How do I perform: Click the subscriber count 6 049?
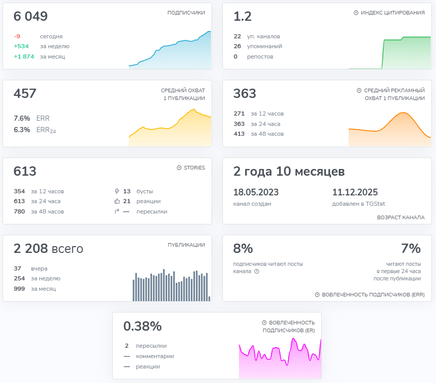[31, 17]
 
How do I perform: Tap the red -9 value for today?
[18, 36]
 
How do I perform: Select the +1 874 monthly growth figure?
[24, 56]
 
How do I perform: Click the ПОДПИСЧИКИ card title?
[186, 13]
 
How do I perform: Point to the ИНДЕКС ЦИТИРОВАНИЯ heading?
[393, 13]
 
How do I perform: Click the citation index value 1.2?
[243, 17]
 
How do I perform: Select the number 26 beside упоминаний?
[237, 46]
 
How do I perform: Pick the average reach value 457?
[25, 94]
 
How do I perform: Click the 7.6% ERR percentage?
[21, 118]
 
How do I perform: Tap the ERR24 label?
[46, 130]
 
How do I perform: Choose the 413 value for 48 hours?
[239, 134]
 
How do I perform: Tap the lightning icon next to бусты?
[117, 191]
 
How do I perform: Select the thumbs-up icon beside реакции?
[117, 201]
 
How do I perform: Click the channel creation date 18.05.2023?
[256, 192]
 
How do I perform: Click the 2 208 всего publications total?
[48, 249]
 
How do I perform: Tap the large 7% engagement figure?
[411, 249]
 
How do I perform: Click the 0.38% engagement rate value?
[142, 326]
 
